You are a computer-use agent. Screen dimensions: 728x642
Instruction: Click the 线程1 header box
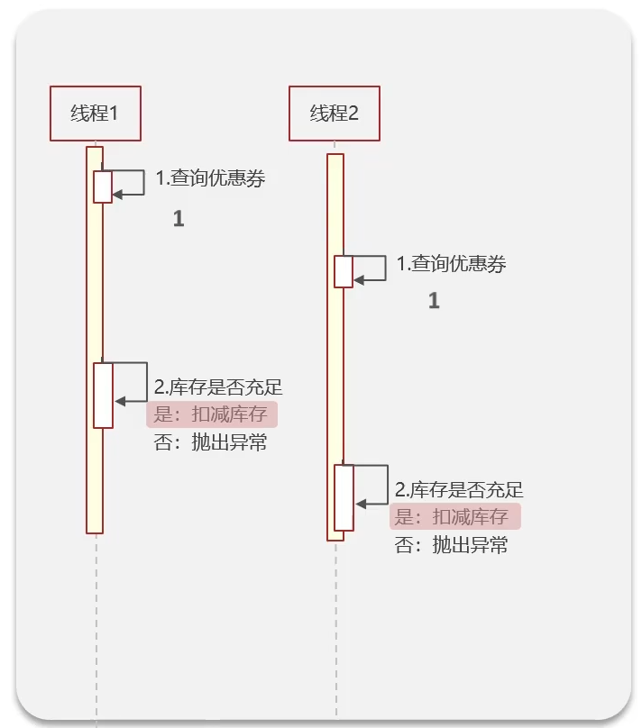96,114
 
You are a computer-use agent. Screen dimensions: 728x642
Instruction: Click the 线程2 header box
335,114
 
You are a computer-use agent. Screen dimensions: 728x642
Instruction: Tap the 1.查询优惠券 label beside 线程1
211,178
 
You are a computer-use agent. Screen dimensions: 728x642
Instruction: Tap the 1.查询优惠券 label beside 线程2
452,264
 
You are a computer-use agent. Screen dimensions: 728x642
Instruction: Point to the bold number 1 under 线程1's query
179,219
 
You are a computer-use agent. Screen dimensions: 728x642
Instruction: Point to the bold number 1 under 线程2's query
434,301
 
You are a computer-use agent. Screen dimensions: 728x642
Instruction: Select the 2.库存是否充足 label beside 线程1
218,387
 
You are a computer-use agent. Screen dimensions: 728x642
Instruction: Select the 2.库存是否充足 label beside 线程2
459,490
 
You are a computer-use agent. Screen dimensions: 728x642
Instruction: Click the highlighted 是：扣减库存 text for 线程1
212,414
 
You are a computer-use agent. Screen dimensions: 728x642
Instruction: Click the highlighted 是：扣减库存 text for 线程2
454,516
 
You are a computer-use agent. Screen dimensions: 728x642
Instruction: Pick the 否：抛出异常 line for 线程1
211,442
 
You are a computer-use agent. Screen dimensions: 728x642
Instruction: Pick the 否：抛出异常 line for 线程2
452,544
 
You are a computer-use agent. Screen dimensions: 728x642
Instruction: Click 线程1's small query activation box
103,187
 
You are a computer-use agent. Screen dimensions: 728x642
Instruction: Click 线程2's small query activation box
344,271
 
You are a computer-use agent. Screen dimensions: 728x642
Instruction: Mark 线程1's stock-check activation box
104,396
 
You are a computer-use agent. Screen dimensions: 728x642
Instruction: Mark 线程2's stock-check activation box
344,497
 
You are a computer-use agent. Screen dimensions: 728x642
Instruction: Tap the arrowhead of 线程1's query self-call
117,194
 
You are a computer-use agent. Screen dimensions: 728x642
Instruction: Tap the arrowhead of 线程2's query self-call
358,279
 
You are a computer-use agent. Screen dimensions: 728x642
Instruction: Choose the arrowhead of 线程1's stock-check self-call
118,402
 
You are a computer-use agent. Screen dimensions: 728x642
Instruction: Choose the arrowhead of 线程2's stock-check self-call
359,505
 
